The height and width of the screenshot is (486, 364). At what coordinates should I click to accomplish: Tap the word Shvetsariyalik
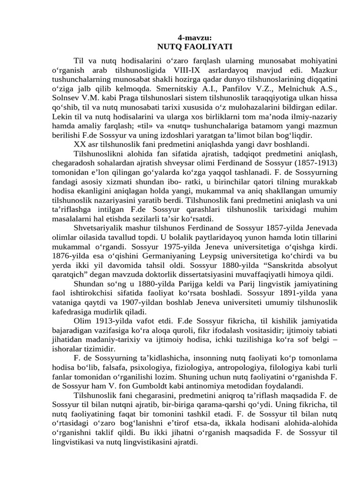point(99,227)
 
